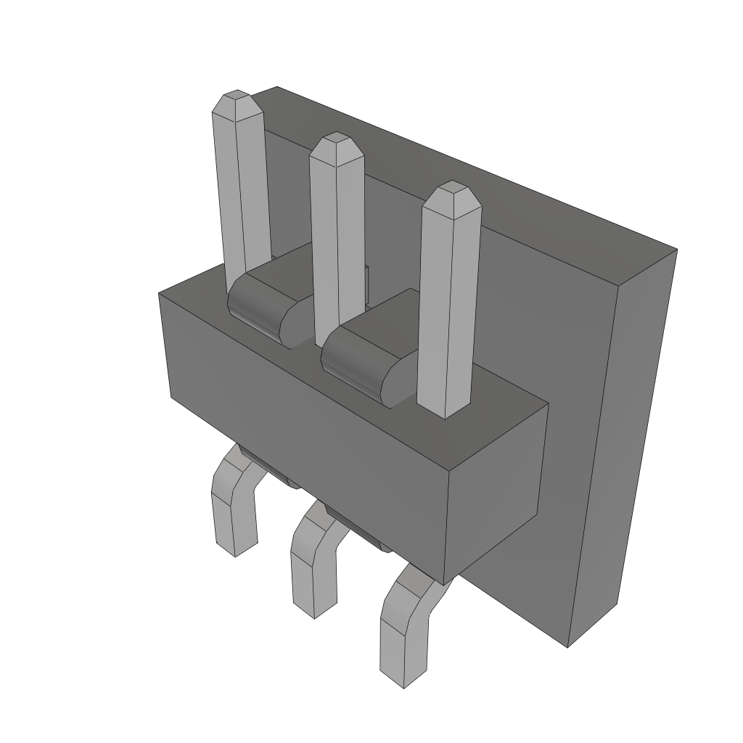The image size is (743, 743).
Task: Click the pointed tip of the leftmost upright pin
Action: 237,97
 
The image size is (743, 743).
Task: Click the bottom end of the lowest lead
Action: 403,682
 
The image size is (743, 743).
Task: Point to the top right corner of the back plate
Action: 675,250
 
